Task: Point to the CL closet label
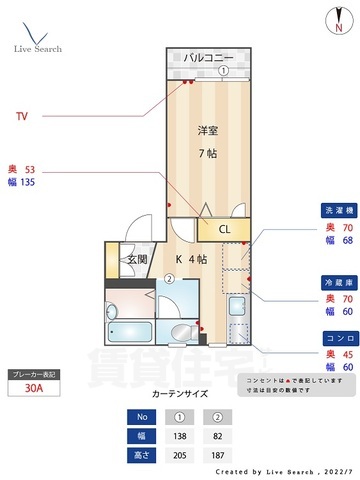pyautogui.click(x=225, y=230)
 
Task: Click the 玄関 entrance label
pyautogui.click(x=136, y=259)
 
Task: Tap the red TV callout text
pyautogui.click(x=21, y=116)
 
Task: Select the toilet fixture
pyautogui.click(x=182, y=334)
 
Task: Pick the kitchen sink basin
pyautogui.click(x=237, y=306)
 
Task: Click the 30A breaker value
pyautogui.click(x=33, y=390)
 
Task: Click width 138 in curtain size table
pyautogui.click(x=180, y=436)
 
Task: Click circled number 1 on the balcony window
pyautogui.click(x=224, y=71)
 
